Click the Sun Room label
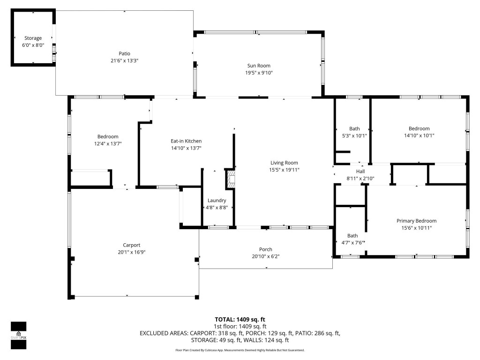pyautogui.click(x=259, y=66)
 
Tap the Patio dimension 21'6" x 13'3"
pyautogui.click(x=124, y=60)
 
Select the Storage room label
pyautogui.click(x=33, y=38)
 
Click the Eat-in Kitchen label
pyautogui.click(x=186, y=141)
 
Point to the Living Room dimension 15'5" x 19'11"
pyautogui.click(x=284, y=170)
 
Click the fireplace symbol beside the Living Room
pyautogui.click(x=230, y=179)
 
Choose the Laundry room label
pyautogui.click(x=217, y=200)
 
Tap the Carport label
pyautogui.click(x=132, y=245)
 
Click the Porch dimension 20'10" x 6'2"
pyautogui.click(x=265, y=256)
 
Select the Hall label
pyautogui.click(x=360, y=171)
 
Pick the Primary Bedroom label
pyautogui.click(x=416, y=221)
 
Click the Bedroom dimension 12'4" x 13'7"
pyautogui.click(x=108, y=143)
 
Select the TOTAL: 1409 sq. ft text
pyautogui.click(x=240, y=319)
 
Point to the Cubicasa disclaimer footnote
pyautogui.click(x=240, y=350)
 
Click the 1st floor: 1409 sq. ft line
pyautogui.click(x=240, y=326)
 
